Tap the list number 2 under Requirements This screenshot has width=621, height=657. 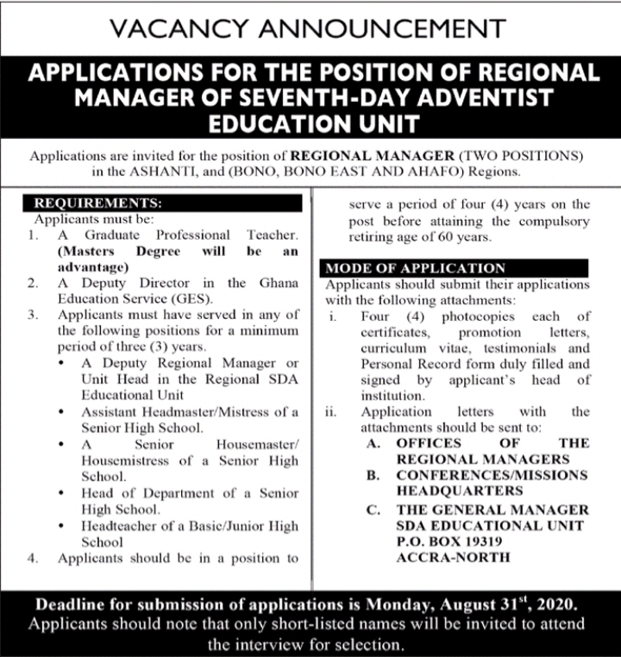point(32,283)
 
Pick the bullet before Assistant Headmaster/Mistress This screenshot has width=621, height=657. point(67,412)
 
